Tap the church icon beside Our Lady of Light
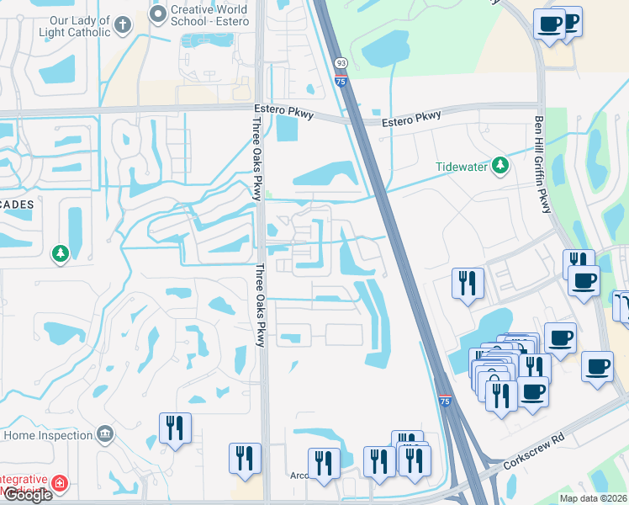[x=123, y=24]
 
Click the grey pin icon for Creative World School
[x=157, y=13]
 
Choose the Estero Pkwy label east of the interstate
[x=411, y=120]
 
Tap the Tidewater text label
[x=462, y=167]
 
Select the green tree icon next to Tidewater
[x=500, y=164]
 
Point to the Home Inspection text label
[x=48, y=435]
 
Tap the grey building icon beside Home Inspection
[x=105, y=435]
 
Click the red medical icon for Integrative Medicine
[x=60, y=484]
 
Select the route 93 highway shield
[x=341, y=63]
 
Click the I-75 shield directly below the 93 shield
[x=341, y=81]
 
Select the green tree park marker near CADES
[x=60, y=252]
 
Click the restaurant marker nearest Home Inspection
[x=175, y=428]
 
